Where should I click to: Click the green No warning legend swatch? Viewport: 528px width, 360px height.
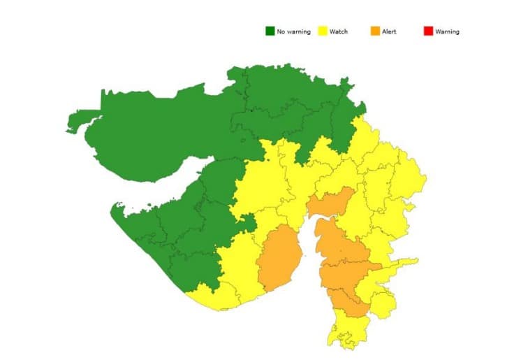click(x=270, y=31)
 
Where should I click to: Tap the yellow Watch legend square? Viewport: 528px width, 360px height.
click(x=323, y=31)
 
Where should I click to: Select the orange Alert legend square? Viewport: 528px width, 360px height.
click(x=376, y=31)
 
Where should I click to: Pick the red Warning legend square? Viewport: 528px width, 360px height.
click(x=428, y=31)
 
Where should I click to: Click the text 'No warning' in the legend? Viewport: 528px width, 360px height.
click(x=293, y=31)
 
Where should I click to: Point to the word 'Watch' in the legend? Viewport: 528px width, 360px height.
click(x=339, y=31)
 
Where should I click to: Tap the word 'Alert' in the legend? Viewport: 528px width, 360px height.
click(x=389, y=31)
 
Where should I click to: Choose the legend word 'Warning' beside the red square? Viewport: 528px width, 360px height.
click(x=447, y=31)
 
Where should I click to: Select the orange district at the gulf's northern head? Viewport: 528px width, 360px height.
click(x=330, y=203)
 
